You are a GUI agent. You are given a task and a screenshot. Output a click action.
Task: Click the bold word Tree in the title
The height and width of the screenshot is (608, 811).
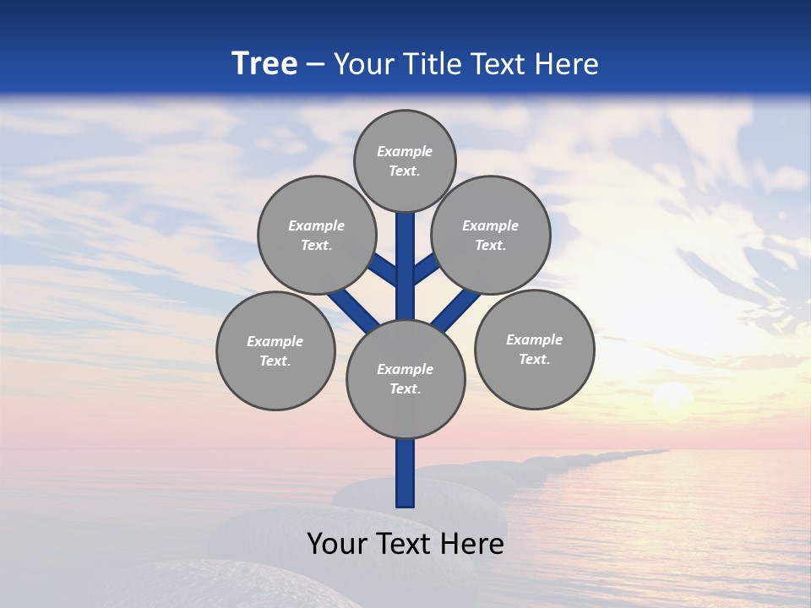click(x=264, y=63)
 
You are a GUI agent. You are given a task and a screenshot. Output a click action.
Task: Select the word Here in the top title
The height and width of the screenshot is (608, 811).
click(x=569, y=64)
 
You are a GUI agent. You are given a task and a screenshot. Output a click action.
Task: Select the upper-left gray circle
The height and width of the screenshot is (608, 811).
click(x=316, y=235)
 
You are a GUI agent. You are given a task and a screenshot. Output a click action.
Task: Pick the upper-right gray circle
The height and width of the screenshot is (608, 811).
click(x=491, y=235)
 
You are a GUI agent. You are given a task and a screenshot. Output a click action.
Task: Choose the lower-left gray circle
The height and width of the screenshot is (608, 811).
click(x=275, y=350)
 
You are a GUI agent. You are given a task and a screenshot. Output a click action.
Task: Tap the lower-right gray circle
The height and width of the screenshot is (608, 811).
click(x=534, y=349)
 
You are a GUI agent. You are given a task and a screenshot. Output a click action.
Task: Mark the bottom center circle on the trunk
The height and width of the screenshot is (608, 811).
click(x=405, y=378)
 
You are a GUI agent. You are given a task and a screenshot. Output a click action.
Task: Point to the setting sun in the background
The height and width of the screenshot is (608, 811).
click(x=673, y=397)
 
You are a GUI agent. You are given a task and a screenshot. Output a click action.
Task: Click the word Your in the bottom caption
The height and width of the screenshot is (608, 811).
click(x=336, y=544)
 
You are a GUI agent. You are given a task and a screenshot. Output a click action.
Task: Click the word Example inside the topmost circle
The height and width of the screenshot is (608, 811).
click(x=405, y=151)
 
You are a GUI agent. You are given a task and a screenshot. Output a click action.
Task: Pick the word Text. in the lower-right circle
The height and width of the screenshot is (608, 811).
click(x=534, y=359)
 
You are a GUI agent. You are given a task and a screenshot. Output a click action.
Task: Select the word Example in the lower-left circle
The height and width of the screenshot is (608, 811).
click(x=275, y=341)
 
